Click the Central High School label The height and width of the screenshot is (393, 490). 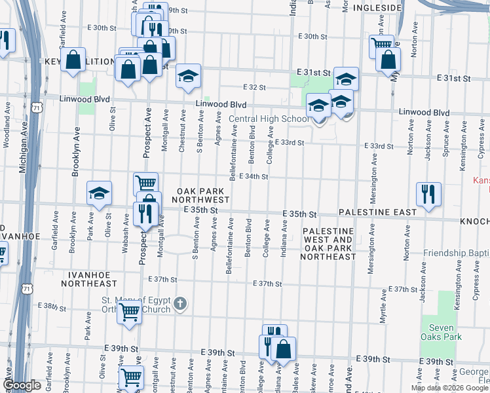tap(269, 119)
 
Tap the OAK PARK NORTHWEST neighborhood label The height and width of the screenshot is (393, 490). tap(202, 195)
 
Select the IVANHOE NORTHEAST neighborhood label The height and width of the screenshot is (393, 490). tap(89, 279)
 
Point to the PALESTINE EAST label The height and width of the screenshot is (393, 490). tap(377, 213)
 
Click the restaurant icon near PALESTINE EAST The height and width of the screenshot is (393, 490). tap(428, 194)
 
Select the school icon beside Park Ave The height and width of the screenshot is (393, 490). tap(99, 193)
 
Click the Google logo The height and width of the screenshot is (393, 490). tap(22, 385)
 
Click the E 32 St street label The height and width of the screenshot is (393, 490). tap(254, 87)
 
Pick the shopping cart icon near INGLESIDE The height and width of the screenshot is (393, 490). tap(381, 46)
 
